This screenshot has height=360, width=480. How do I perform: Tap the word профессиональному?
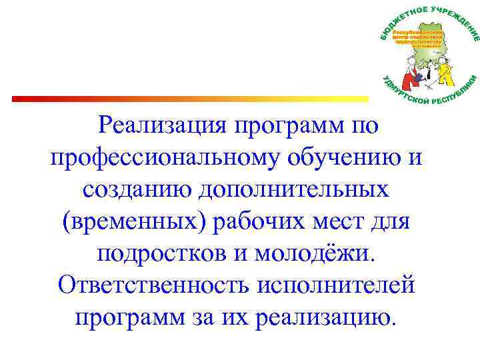point(166,158)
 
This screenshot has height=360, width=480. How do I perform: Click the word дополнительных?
point(299,189)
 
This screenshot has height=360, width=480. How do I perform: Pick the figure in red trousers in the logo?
point(406,71)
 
